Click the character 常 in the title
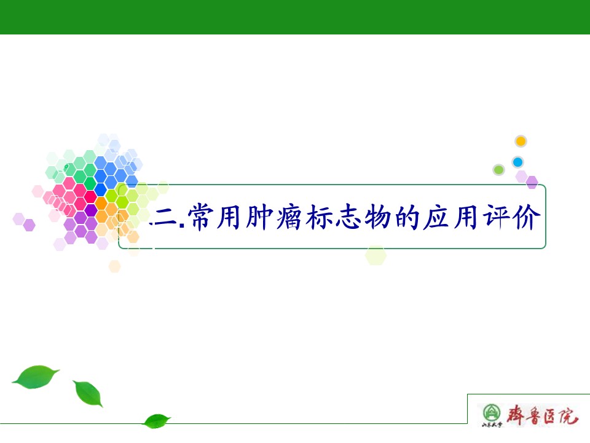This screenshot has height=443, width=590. tap(200, 217)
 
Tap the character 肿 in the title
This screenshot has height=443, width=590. tap(259, 217)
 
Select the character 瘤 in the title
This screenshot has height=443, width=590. tap(289, 217)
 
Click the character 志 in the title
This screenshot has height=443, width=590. tap(348, 217)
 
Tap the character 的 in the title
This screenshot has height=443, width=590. tap(407, 217)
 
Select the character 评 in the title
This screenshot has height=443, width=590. tap(497, 217)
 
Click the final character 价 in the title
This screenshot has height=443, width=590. tap(527, 217)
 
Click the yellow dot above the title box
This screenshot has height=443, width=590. tap(521, 142)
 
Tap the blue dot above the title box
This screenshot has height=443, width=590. tap(517, 162)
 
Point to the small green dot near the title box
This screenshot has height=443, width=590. tap(498, 170)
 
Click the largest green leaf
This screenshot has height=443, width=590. tap(36, 377)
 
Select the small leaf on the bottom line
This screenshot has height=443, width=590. tap(157, 421)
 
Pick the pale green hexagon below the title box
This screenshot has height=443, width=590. tap(376, 255)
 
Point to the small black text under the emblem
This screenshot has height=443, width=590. tap(492, 425)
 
